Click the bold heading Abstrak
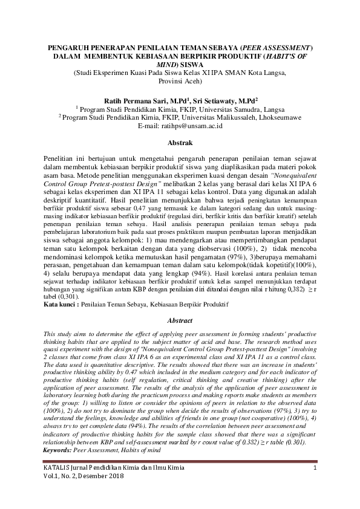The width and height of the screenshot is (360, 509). (180, 143)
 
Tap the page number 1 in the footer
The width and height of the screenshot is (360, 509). (315, 469)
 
